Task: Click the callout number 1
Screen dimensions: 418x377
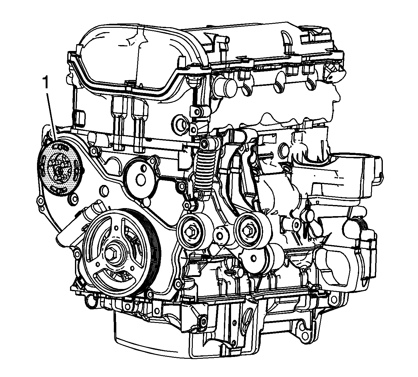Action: [x=45, y=83]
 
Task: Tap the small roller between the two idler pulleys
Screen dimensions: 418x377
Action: [x=221, y=236]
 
